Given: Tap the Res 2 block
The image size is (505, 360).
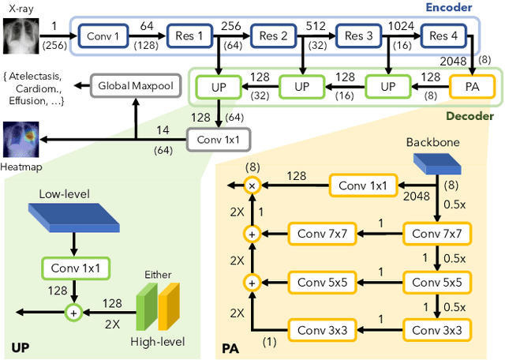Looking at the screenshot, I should [x=272, y=36].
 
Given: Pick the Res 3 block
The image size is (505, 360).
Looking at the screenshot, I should [x=357, y=36].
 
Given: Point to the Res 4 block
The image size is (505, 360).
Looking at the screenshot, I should [x=443, y=36].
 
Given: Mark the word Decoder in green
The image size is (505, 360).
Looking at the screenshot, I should [x=470, y=116].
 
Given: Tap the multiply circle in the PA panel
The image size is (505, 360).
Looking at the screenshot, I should [x=252, y=186].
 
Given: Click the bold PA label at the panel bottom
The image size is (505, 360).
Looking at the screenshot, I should [x=230, y=347].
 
